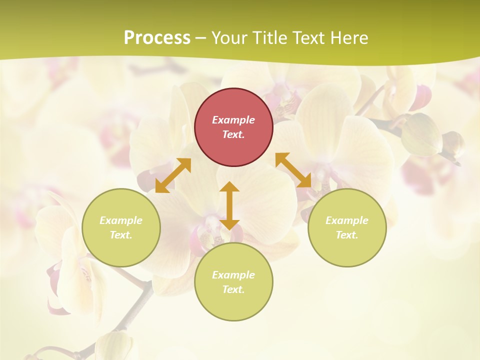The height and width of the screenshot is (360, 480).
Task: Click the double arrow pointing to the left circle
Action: tap(173, 175)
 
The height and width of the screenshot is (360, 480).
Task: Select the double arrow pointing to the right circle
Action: tap(293, 170)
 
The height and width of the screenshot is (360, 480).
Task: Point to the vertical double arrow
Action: tap(229, 205)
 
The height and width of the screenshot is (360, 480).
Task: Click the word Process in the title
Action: tap(157, 37)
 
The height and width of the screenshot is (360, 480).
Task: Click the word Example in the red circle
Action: tap(233, 120)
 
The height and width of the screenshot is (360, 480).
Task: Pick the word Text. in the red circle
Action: tap(233, 134)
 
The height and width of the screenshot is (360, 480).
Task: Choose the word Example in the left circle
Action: tap(121, 220)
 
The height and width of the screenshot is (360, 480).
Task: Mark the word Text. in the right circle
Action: tap(347, 235)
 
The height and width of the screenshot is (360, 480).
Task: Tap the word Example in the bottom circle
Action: tap(233, 275)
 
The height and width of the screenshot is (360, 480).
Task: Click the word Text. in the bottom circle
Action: tap(233, 289)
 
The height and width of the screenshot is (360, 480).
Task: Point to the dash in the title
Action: tap(200, 38)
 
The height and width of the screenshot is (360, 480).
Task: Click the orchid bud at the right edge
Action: tap(453, 144)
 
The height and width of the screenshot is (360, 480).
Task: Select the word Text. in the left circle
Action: tap(121, 235)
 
